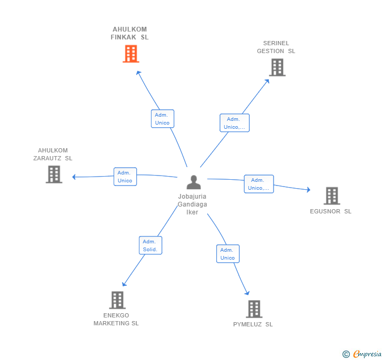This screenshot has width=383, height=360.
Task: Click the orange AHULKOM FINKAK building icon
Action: [130, 54]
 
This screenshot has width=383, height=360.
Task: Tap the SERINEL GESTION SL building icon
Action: [277, 67]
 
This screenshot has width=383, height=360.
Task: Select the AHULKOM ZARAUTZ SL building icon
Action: [54, 174]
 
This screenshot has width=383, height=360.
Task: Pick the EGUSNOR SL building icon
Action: [331, 196]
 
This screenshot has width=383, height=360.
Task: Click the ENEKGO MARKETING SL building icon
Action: [117, 300]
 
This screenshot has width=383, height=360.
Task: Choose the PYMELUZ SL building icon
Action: [254, 309]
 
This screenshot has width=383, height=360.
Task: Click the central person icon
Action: [194, 182]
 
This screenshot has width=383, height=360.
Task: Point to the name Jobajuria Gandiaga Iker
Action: [193, 204]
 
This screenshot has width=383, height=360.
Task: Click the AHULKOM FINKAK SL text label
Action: [129, 33]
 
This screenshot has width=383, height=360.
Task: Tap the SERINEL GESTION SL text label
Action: [276, 47]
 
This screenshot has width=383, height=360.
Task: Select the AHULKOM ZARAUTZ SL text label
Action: [53, 154]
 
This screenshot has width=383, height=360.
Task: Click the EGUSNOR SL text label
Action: [330, 212]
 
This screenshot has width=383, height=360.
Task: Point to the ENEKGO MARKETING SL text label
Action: [116, 320]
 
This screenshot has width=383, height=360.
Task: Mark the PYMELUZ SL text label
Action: [253, 324]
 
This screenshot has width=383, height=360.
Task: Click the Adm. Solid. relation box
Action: [150, 245]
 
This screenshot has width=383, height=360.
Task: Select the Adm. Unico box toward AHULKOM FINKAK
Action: [162, 119]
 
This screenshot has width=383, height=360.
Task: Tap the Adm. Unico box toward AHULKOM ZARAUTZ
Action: [125, 177]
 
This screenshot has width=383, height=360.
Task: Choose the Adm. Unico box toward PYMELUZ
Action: [228, 254]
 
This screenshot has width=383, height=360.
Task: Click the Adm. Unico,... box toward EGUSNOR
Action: [259, 184]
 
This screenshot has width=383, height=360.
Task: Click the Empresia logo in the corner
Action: [362, 354]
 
